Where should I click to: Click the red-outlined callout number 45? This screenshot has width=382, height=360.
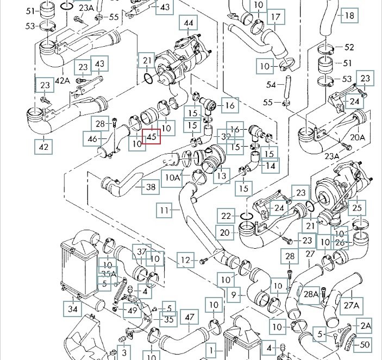pos(151,137)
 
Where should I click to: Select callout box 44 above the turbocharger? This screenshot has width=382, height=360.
pos(189,23)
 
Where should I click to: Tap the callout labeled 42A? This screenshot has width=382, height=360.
pos(62,80)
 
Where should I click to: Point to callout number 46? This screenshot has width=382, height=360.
pos(92,140)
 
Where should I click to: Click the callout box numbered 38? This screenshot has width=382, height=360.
pos(151,187)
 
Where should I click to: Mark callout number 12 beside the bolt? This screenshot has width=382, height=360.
pos(186,261)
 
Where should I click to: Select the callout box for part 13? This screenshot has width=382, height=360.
pos(221,175)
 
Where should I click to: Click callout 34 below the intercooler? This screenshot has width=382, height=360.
pos(73,310)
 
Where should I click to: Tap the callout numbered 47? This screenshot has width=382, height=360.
pos(190,317)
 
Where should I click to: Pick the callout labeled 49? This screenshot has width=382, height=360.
pos(131,310)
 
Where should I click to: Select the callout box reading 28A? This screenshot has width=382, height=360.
pos(311,294)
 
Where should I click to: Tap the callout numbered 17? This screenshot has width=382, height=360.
pos(275,18)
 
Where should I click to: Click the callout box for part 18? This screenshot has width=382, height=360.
pos(349,15)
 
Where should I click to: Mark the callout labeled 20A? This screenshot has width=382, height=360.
pos(357,137)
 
